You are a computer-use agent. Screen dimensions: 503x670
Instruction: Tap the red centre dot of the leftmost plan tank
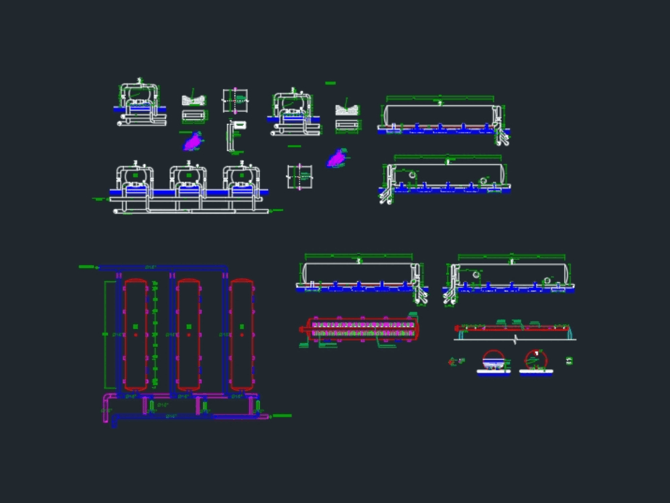point(135,335)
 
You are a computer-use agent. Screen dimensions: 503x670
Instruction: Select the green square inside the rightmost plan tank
point(241,327)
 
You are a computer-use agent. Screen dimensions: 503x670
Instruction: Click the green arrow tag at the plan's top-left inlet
point(87,267)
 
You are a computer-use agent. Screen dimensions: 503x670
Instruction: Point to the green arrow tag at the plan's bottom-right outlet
point(282,416)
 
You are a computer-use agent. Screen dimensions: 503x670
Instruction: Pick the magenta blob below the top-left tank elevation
point(193,142)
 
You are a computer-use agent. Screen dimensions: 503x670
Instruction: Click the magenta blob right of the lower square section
point(336,159)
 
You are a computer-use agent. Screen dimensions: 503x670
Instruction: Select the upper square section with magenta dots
point(235,101)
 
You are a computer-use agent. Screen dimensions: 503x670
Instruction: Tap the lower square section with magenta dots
point(299,177)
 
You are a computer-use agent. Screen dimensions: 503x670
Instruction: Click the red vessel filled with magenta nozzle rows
point(362,329)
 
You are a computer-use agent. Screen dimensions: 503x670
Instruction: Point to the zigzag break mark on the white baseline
point(515,340)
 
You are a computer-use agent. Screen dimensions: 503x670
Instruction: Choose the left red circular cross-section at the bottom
point(494,360)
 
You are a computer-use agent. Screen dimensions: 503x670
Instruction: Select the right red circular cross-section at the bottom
point(535,360)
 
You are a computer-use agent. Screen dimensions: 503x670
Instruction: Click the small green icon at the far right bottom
point(569,361)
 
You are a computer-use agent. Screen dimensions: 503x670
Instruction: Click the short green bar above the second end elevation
point(330,83)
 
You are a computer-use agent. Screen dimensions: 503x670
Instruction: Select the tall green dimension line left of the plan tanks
point(105,335)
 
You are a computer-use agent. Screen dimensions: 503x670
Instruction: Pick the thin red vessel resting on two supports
point(513,328)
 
